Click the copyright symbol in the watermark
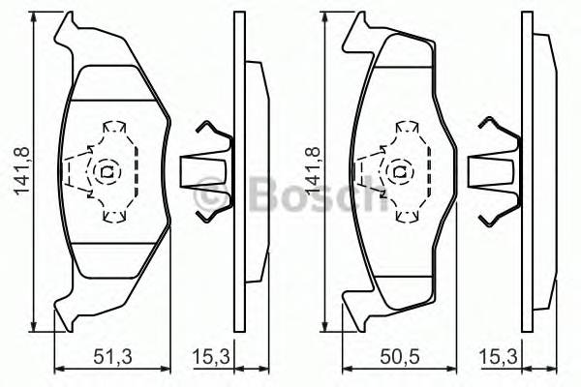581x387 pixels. pos(207,196)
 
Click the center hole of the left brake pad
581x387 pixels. pos(107,173)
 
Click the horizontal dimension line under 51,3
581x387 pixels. pos(112,367)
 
